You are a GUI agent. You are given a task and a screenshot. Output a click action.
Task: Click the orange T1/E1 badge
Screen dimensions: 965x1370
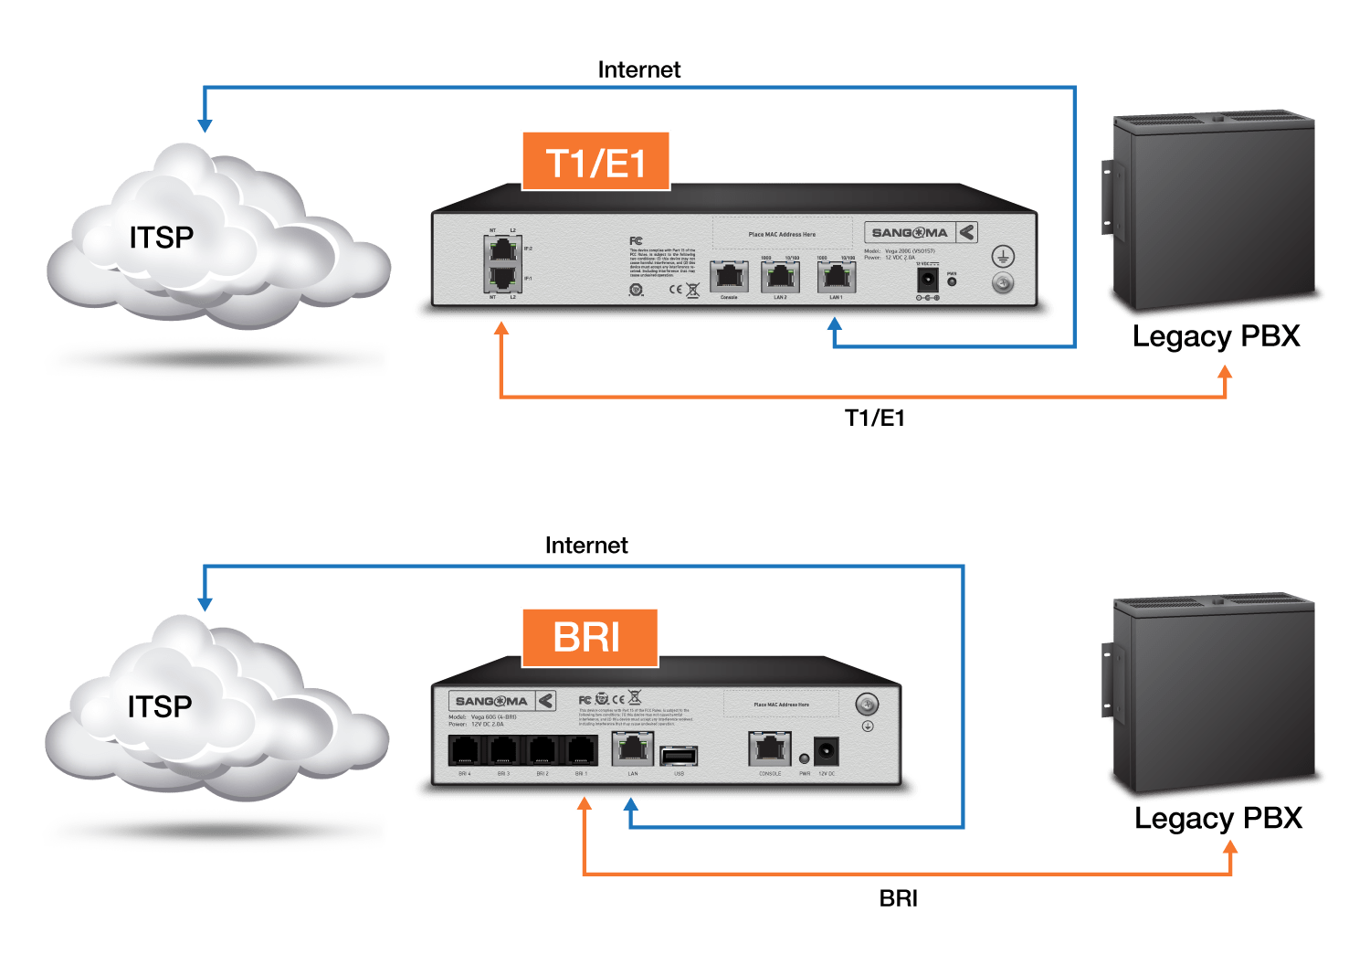595,162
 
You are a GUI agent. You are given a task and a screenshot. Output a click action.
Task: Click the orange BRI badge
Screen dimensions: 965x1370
589,637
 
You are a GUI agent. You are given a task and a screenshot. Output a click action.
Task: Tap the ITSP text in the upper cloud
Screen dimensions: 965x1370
162,238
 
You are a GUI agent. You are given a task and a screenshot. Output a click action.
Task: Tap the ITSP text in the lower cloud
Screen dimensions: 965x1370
160,706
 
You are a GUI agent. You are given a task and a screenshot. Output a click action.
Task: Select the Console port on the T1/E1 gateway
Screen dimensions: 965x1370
729,277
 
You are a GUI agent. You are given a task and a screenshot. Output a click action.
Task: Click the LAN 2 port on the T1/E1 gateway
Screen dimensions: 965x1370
780,277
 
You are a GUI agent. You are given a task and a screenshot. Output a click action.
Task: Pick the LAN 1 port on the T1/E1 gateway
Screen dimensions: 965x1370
836,277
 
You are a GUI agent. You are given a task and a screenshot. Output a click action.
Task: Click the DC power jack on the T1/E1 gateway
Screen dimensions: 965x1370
928,280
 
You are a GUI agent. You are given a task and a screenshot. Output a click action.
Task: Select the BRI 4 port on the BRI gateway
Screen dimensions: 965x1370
465,751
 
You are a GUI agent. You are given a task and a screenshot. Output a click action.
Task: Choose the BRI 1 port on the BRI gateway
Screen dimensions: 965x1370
581,751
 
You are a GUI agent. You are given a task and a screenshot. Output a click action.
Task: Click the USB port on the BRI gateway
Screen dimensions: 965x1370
679,756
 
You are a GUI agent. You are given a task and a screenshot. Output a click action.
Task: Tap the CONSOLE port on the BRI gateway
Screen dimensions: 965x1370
769,749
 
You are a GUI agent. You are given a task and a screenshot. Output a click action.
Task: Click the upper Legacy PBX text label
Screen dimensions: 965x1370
1216,336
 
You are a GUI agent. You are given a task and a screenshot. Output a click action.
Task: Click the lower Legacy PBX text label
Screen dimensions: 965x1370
1218,818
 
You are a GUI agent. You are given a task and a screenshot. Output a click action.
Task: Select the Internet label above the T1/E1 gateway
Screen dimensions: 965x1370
639,69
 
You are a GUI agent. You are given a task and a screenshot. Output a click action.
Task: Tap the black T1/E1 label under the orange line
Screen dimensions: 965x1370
874,418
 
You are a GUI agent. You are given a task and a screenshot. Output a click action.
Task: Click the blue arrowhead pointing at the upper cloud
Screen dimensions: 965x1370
205,124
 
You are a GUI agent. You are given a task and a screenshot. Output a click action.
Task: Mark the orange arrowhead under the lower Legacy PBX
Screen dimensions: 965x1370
1230,847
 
